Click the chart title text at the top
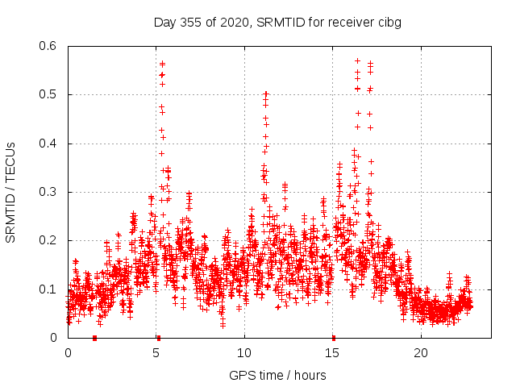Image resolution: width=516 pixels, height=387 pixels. (277, 22)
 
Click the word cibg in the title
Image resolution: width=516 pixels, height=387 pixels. (388, 22)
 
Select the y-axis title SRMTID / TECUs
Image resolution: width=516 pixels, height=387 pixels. (10, 193)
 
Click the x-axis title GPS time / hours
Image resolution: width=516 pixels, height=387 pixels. (277, 375)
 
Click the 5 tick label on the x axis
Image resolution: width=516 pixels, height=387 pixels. (156, 353)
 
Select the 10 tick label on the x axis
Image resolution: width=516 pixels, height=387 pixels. (244, 353)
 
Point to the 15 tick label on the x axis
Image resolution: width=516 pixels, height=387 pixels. (332, 353)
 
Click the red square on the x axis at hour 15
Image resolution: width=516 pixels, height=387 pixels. (333, 338)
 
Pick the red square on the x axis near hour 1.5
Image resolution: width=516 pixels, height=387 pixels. (95, 338)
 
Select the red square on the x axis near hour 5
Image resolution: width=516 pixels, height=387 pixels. (158, 338)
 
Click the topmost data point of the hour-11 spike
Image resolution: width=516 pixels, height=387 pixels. (265, 94)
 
